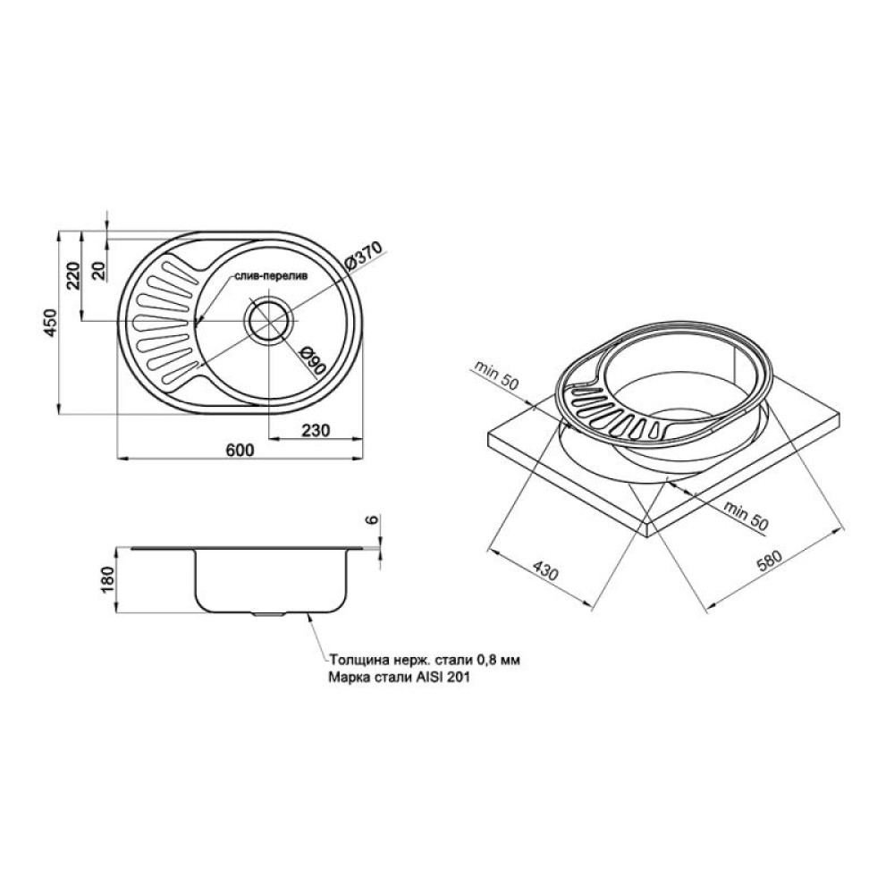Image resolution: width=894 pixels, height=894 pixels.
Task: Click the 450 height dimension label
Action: pos(51,323)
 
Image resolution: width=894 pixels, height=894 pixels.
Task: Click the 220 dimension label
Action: pos(74,276)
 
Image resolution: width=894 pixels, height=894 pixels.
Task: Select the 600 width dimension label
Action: pos(240,450)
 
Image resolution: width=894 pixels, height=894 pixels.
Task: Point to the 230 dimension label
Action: pos(316,430)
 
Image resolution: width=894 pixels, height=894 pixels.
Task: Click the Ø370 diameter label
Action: pos(366,255)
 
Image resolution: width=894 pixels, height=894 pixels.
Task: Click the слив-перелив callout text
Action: pos(270,277)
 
